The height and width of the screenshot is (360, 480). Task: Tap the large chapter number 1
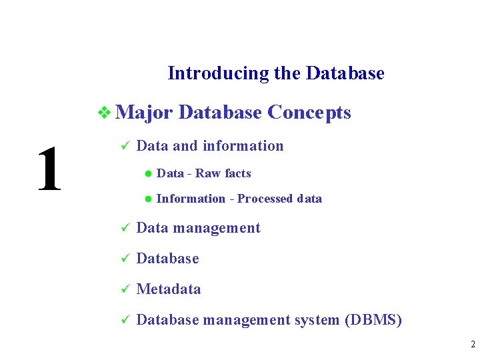pyautogui.click(x=49, y=169)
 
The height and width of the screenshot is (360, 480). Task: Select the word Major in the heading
pyautogui.click(x=144, y=113)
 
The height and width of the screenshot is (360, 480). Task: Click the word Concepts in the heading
pyautogui.click(x=309, y=113)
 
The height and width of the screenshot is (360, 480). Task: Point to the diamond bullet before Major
pyautogui.click(x=104, y=113)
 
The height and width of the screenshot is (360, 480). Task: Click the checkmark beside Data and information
pyautogui.click(x=123, y=146)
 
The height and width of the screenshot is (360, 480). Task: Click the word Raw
pyautogui.click(x=208, y=173)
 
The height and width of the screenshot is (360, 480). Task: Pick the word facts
pyautogui.click(x=238, y=173)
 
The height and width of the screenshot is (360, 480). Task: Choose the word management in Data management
pyautogui.click(x=217, y=228)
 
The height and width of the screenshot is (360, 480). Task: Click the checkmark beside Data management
pyautogui.click(x=123, y=228)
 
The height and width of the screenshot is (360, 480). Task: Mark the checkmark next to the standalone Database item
pyautogui.click(x=123, y=259)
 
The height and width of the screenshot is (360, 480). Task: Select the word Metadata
pyautogui.click(x=168, y=289)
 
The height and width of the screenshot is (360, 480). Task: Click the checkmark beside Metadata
pyautogui.click(x=123, y=289)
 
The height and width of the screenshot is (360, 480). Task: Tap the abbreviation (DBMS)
pyautogui.click(x=373, y=320)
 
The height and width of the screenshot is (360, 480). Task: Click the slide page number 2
pyautogui.click(x=472, y=345)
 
